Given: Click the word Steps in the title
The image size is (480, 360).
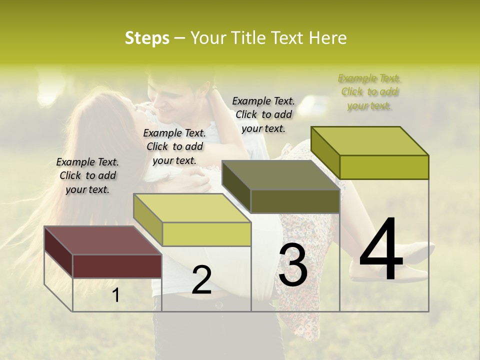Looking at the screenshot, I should (x=147, y=38).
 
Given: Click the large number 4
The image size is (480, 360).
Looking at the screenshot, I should (x=381, y=250).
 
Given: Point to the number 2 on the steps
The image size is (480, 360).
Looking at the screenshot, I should (x=201, y=280).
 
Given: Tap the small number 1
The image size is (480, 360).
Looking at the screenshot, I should (x=116, y=295).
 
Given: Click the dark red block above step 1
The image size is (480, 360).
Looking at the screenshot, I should (x=117, y=265).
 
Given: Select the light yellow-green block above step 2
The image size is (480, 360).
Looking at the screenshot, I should (x=206, y=233).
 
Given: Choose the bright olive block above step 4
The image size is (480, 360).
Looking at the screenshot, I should (x=384, y=166).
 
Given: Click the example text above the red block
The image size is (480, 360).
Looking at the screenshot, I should (x=87, y=175).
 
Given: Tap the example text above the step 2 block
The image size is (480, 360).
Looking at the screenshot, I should (x=174, y=146).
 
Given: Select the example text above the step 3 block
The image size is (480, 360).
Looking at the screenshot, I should (x=263, y=114).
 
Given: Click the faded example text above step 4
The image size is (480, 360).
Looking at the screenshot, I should (x=369, y=91).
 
